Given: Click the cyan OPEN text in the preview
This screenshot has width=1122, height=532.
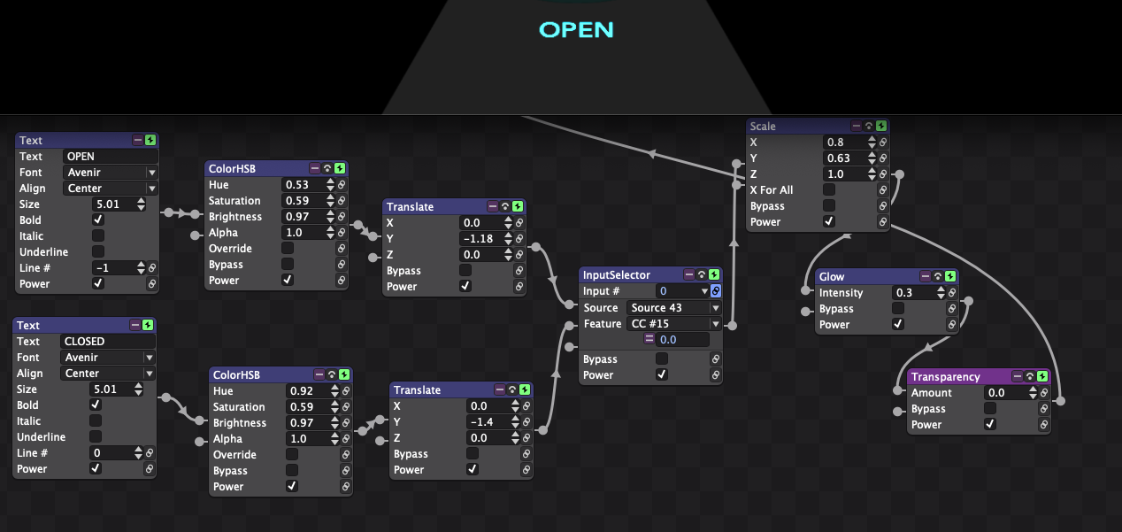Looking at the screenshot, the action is (x=576, y=30).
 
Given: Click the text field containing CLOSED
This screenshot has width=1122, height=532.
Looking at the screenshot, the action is (x=108, y=341).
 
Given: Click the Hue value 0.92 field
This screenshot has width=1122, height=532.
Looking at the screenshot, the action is (x=308, y=391).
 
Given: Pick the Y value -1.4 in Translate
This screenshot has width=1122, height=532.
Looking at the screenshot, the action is (x=488, y=422).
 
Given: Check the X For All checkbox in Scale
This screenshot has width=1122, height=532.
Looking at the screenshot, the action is (x=829, y=189).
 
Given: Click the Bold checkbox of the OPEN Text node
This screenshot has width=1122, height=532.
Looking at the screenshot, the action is (x=98, y=220).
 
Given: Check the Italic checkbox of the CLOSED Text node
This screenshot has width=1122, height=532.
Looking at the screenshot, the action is (x=96, y=420).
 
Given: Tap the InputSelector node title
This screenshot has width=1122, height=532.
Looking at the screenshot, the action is (x=616, y=275).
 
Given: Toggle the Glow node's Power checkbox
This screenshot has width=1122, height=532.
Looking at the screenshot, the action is (x=897, y=324).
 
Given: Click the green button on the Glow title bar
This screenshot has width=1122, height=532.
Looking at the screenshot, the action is (x=950, y=276).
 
